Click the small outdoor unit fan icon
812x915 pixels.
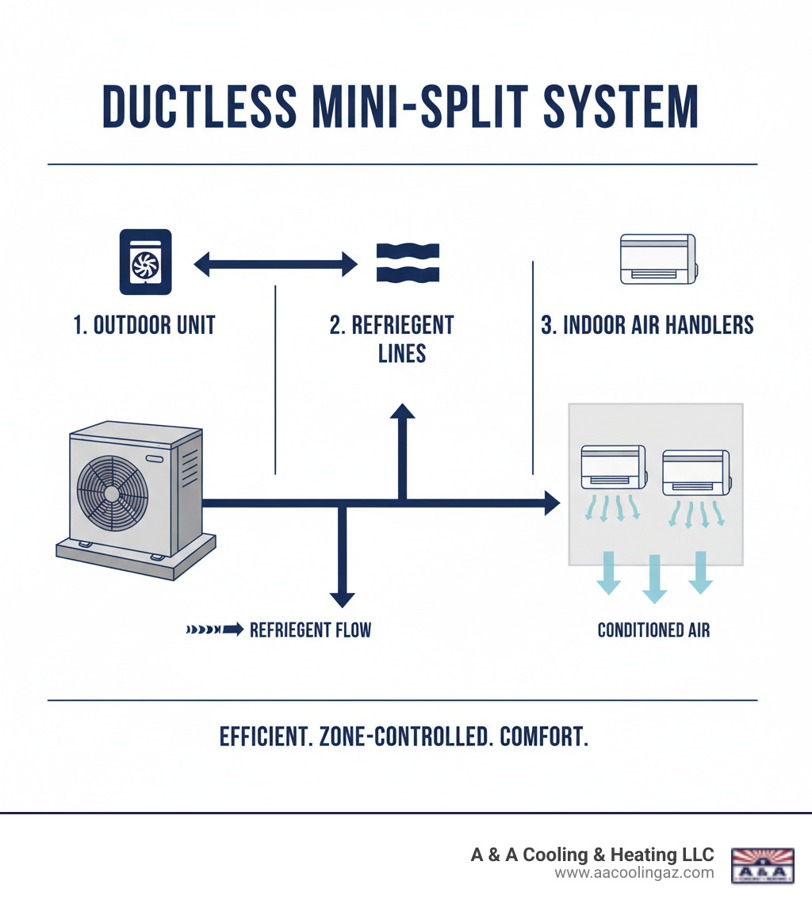pyautogui.click(x=144, y=262)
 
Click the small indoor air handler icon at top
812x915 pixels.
pyautogui.click(x=657, y=258)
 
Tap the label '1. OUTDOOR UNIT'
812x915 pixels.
pyautogui.click(x=144, y=325)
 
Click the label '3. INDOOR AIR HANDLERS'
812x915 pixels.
pyautogui.click(x=647, y=325)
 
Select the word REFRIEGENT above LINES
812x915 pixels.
pyautogui.click(x=392, y=325)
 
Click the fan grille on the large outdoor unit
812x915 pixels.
pyautogui.click(x=112, y=493)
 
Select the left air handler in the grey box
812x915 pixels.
pyautogui.click(x=613, y=468)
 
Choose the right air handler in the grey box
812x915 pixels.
pyautogui.click(x=695, y=473)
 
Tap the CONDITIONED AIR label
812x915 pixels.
pyautogui.click(x=653, y=630)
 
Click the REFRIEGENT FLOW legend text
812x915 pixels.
pyautogui.click(x=310, y=630)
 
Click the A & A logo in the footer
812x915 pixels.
pyautogui.click(x=761, y=864)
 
